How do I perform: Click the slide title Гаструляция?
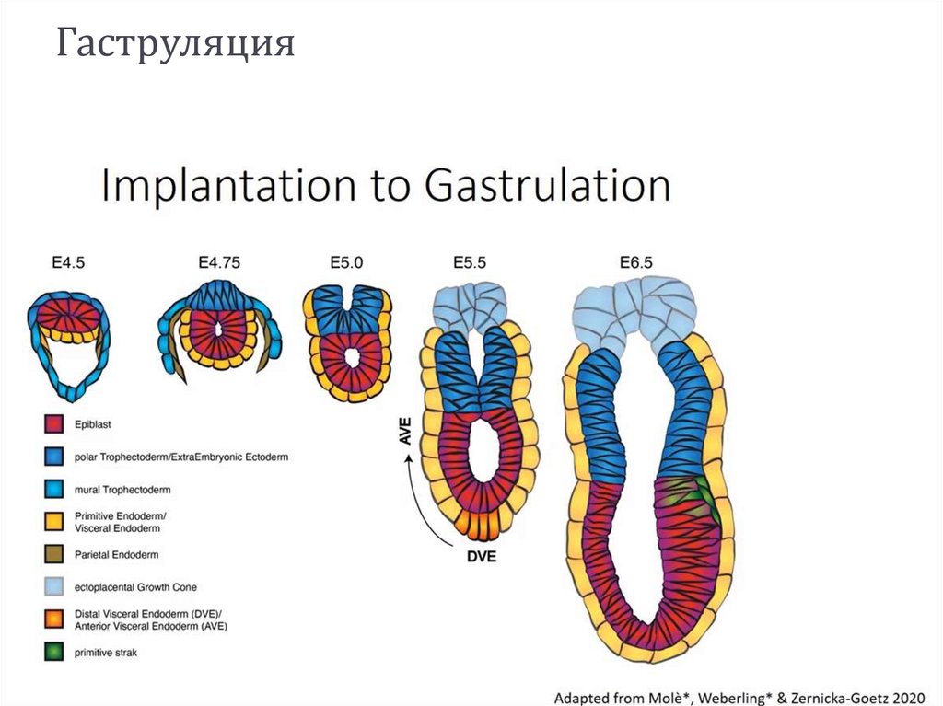coord(175,43)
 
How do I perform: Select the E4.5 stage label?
coord(68,263)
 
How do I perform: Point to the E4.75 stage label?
coord(217,263)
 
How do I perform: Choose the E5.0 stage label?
coord(345,263)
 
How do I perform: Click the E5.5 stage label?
coord(470,263)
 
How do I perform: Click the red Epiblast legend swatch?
coord(52,425)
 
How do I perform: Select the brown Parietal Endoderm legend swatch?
coord(52,554)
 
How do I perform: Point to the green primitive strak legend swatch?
coord(52,653)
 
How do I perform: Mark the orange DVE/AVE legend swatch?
coord(52,619)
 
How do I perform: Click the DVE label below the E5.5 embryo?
coord(477,557)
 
